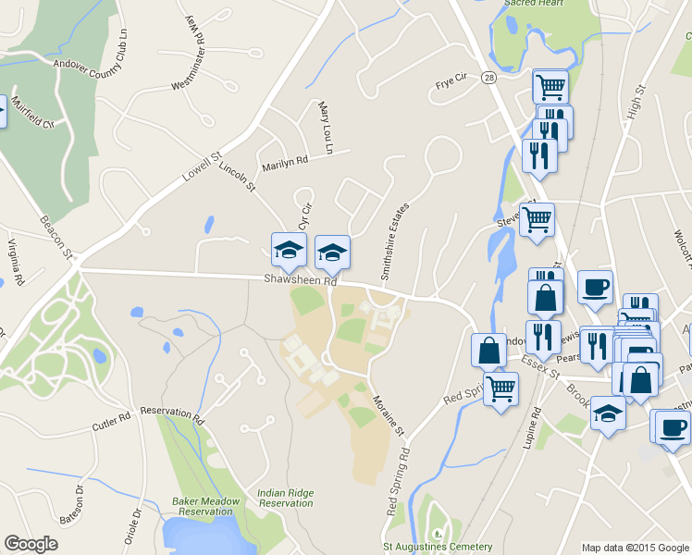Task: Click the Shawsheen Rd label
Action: [302, 277]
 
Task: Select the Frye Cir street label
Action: [455, 86]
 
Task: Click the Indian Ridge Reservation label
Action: [286, 498]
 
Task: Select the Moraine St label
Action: [389, 415]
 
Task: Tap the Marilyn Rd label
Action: [284, 163]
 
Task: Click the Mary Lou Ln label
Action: [325, 128]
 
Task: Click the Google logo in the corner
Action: [31, 544]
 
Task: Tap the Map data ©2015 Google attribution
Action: [635, 548]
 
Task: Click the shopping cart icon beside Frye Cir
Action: [550, 86]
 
